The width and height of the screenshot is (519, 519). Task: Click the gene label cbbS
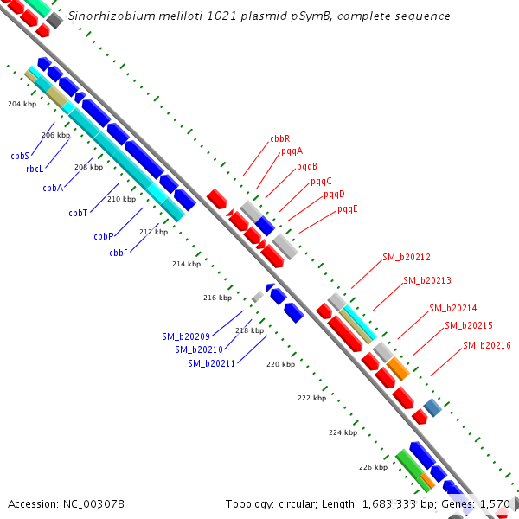20,156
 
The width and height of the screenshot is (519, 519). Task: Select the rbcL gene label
35,169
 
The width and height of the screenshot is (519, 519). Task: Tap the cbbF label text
119,253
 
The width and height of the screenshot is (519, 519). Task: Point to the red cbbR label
279,138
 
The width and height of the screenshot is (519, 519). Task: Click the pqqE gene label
348,208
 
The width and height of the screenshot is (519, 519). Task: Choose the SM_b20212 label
407,257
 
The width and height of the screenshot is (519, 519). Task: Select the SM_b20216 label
486,345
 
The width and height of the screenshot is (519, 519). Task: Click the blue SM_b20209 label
186,336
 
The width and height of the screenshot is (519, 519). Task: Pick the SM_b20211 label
212,363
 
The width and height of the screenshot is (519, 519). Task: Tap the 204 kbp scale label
22,104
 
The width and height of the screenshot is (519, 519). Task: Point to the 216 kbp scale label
217,298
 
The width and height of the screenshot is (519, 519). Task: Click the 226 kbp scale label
373,467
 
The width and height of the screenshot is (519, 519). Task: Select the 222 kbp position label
311,398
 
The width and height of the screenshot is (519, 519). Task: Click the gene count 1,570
495,503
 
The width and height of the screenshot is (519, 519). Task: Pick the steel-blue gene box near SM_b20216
432,407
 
